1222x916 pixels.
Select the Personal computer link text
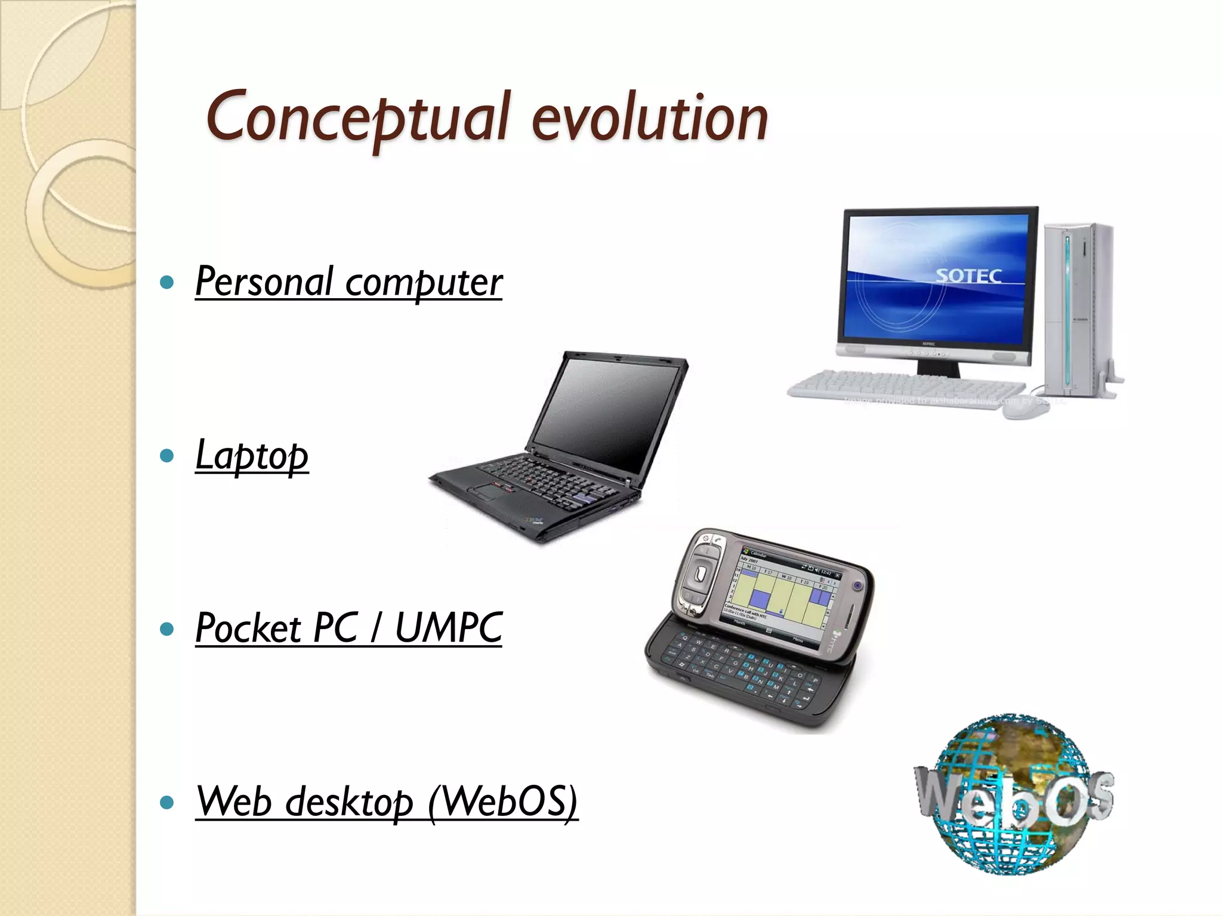click(x=348, y=281)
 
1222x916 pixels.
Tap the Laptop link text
click(x=252, y=455)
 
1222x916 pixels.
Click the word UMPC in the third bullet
click(x=449, y=628)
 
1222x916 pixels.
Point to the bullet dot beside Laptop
click(x=168, y=456)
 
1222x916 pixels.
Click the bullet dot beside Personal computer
click(x=168, y=282)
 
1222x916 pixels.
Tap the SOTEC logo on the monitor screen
click(x=968, y=276)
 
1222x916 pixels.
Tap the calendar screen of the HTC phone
click(x=779, y=596)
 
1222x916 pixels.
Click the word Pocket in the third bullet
click(x=248, y=628)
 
